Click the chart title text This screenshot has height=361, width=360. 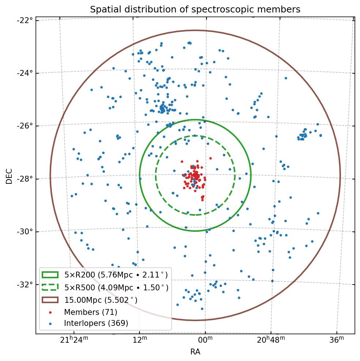tap(195, 10)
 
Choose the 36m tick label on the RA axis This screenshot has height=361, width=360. tap(336, 340)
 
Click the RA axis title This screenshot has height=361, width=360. tap(195, 352)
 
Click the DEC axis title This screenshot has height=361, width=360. tap(9, 176)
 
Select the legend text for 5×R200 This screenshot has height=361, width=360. tap(116, 275)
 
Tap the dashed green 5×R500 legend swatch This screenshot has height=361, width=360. tap(50, 287)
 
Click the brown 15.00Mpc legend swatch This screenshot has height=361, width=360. tap(50, 300)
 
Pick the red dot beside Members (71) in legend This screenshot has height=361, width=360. tap(50, 312)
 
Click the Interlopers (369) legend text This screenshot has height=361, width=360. tap(96, 323)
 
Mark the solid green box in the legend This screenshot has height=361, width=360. tap(50, 275)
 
